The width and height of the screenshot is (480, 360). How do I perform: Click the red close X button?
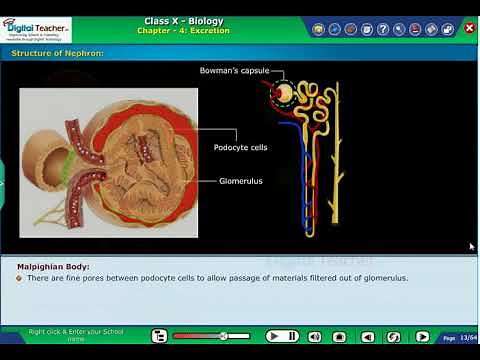pos(470,28)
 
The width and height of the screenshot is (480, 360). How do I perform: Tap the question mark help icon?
pos(383,29)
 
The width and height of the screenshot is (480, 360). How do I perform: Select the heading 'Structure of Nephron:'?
pos(57,52)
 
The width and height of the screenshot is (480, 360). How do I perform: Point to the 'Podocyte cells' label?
pos(241,147)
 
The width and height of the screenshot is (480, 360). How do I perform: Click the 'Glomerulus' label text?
pos(241,181)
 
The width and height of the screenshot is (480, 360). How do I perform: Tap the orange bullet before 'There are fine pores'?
pos(19,278)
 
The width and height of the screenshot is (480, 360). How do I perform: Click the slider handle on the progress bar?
pos(222,337)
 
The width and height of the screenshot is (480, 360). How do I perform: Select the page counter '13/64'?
pos(467,337)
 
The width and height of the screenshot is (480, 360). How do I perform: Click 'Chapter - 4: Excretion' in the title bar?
pos(183,31)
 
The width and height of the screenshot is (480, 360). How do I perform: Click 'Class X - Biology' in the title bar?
pos(183,21)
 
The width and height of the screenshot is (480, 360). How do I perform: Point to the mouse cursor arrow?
pos(472,246)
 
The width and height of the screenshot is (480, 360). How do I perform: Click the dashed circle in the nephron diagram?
pos(286,96)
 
